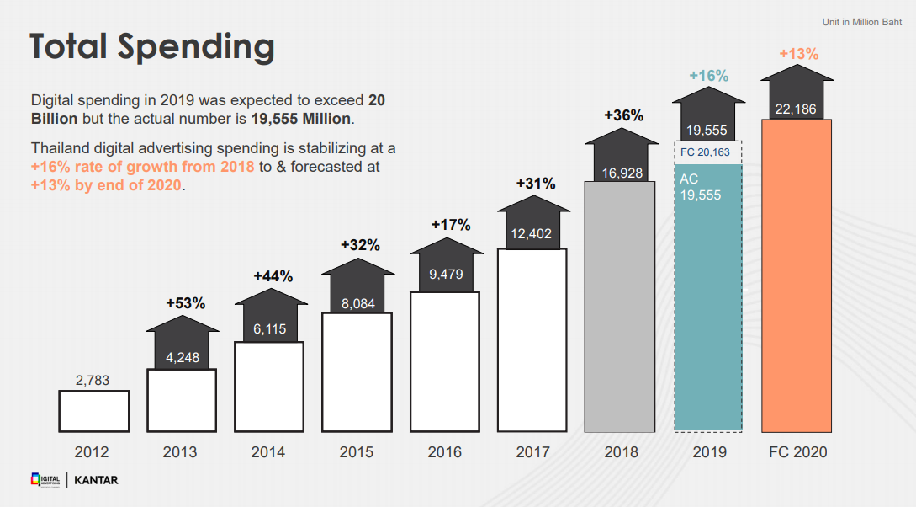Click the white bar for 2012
[x=94, y=412]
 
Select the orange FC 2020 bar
[x=797, y=276]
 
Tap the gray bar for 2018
[x=619, y=307]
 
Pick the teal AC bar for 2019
[x=708, y=298]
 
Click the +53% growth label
[x=186, y=303]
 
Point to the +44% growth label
[x=273, y=276]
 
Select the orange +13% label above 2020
[x=798, y=54]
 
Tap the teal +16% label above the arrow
[x=708, y=76]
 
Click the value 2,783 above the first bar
[x=93, y=380]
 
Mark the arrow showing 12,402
[x=533, y=223]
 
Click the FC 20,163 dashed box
[x=708, y=152]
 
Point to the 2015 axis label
[x=357, y=452]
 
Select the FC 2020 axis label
[x=798, y=452]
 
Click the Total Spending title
[x=152, y=47]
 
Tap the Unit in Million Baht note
[x=862, y=22]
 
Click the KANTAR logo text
[x=97, y=480]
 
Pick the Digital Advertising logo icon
[x=45, y=480]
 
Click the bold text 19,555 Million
[x=301, y=119]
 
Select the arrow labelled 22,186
[x=797, y=92]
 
